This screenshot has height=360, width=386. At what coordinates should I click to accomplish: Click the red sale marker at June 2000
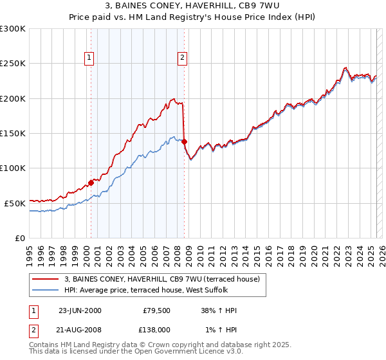tap(91, 183)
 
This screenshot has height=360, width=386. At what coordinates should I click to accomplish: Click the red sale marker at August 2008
tap(185, 141)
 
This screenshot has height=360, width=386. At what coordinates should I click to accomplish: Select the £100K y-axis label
tap(13, 168)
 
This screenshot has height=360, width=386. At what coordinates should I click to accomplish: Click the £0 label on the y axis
tap(19, 238)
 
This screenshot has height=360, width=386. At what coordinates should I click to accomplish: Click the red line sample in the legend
tap(46, 279)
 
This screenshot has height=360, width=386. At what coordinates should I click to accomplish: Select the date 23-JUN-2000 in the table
tap(80, 310)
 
